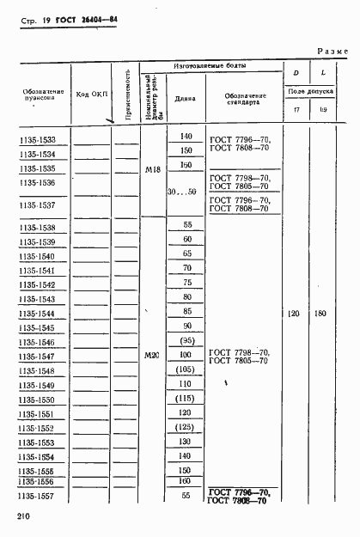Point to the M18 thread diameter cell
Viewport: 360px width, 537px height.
[154, 169]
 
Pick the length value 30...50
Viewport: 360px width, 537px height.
[181, 191]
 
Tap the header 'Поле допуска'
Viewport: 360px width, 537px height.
[310, 91]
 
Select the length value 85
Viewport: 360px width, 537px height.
[186, 312]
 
